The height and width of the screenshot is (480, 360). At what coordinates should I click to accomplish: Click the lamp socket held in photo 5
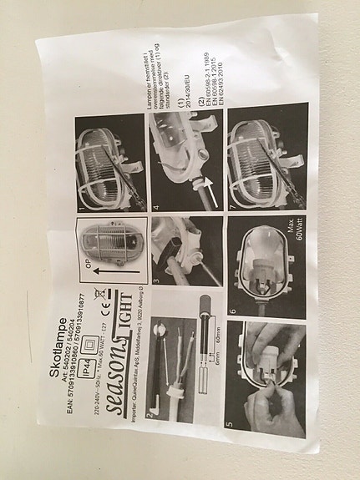tap(271, 367)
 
